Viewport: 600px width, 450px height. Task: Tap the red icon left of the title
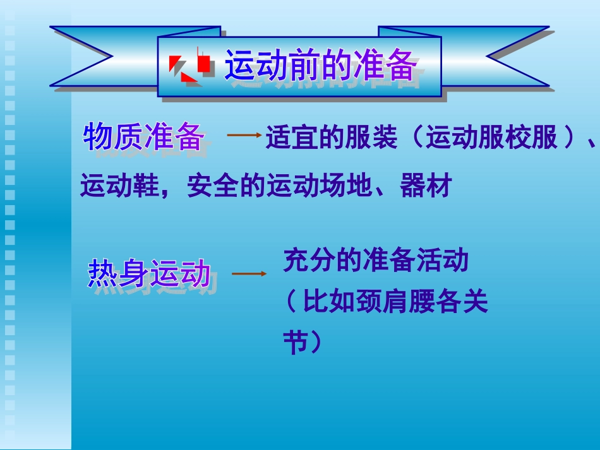pyautogui.click(x=189, y=66)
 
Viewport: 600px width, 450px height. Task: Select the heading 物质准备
pyautogui.click(x=144, y=137)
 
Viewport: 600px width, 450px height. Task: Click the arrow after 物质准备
pyautogui.click(x=244, y=135)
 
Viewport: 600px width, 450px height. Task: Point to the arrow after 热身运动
pyautogui.click(x=249, y=274)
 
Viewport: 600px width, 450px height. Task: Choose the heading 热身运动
pyautogui.click(x=149, y=274)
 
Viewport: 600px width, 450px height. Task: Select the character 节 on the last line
pyautogui.click(x=295, y=343)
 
